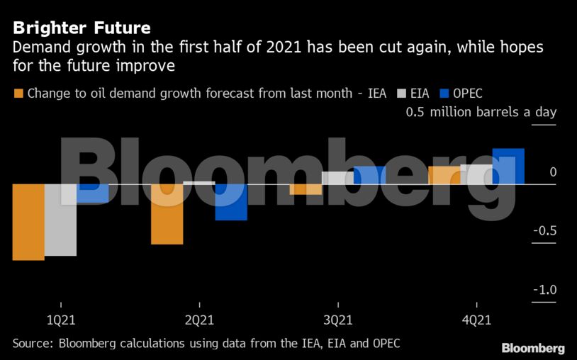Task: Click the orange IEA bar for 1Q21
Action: point(28,222)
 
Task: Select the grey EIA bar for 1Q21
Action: point(60,220)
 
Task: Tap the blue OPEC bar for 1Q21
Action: point(93,193)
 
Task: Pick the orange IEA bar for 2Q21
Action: point(167,214)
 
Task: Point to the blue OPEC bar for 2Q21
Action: point(231,202)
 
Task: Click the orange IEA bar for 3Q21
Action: point(306,189)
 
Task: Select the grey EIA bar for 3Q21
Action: point(337,178)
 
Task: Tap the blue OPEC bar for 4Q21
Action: point(508,167)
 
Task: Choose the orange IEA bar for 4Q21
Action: point(444,175)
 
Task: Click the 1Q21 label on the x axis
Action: point(61,320)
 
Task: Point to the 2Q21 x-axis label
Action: point(199,320)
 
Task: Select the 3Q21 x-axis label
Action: point(337,320)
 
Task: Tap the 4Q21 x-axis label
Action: point(476,320)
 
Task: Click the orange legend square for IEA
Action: point(18,94)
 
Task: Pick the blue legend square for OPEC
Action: point(445,94)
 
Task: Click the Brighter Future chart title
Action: point(82,28)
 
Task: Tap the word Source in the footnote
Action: point(32,344)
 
